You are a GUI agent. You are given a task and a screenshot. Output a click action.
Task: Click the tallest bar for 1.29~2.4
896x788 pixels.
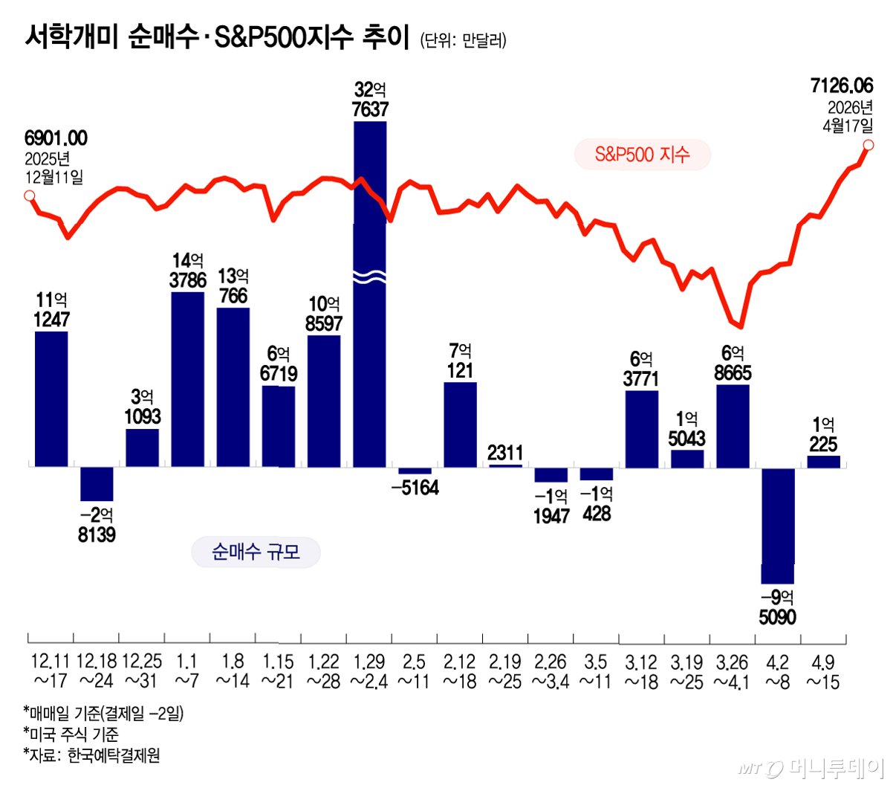pos(370,294)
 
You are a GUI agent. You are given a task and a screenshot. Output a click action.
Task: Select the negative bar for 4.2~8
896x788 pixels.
pos(777,526)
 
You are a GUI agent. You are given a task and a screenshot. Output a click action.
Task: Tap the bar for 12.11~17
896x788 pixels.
pos(51,399)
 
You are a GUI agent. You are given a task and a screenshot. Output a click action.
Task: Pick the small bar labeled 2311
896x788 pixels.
pos(505,466)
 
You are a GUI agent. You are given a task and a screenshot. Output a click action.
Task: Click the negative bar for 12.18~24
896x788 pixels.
pos(97,484)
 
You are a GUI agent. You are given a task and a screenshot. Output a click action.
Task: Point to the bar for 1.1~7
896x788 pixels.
pos(187,380)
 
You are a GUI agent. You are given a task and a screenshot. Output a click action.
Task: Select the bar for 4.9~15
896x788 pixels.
pos(823,462)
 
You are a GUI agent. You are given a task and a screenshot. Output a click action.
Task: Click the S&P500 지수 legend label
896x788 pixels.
pos(642,155)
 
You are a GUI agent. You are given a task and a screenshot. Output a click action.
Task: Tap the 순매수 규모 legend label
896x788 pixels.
pos(256,552)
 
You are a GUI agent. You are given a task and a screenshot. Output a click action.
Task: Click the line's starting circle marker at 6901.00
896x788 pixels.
pos(29,196)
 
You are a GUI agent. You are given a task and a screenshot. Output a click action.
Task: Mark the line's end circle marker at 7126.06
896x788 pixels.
pos(868,145)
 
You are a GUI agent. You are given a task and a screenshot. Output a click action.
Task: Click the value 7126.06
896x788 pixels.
pos(842,85)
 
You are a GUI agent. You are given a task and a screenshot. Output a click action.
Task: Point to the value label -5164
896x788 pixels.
pos(415,488)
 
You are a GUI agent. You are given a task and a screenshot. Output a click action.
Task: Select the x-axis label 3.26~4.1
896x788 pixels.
pos(732,672)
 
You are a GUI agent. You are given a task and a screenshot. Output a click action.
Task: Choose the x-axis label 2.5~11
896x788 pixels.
pos(414,671)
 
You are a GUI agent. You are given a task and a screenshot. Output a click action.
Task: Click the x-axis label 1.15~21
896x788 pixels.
pos(277,671)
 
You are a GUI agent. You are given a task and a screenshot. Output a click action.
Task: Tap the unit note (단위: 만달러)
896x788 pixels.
pos(463,40)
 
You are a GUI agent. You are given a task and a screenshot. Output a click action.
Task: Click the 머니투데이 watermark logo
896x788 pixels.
pos(811,769)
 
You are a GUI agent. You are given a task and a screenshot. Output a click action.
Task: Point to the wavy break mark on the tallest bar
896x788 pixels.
pos(370,277)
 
